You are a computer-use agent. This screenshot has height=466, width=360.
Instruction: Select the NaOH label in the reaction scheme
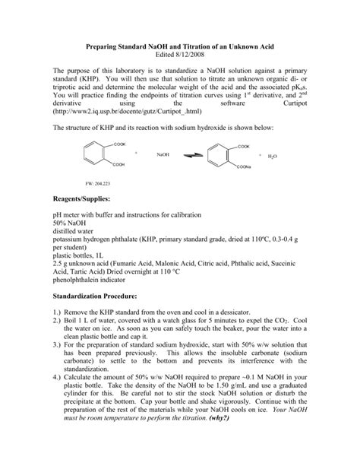163,155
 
